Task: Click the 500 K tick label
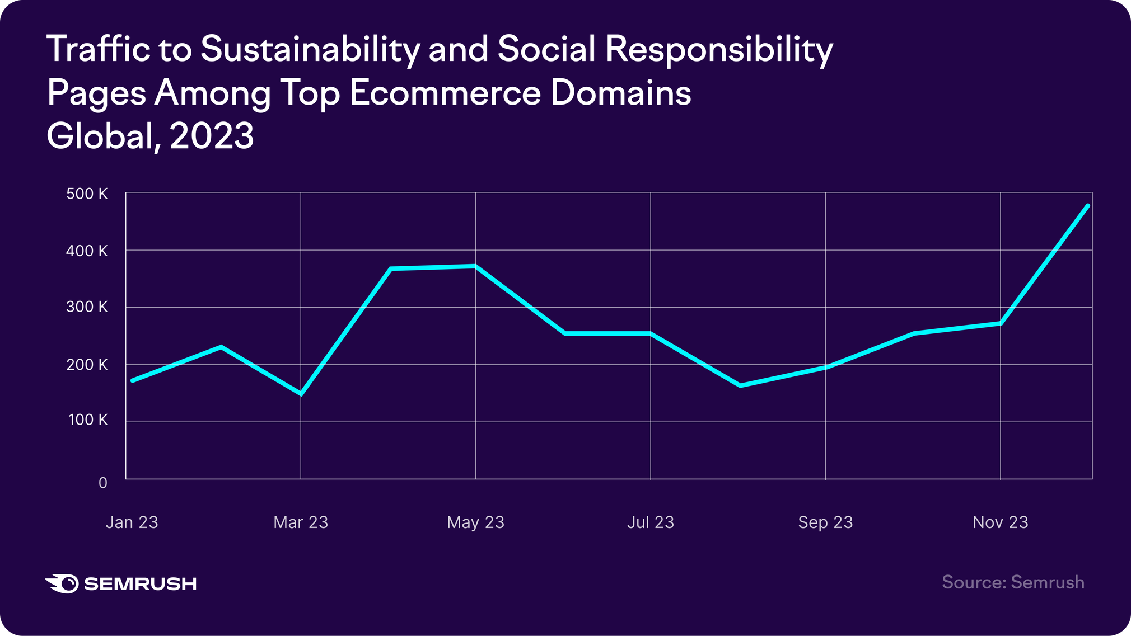[x=87, y=194]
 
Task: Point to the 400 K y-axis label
[x=87, y=251]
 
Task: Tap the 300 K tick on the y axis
[x=87, y=307]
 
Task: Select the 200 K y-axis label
[x=87, y=365]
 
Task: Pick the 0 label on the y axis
[x=103, y=483]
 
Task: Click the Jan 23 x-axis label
[x=132, y=522]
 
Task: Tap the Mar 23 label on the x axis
[x=301, y=522]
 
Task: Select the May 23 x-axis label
[x=475, y=522]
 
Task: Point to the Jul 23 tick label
[x=651, y=522]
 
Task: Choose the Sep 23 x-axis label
[x=825, y=522]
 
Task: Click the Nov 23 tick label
[x=1001, y=522]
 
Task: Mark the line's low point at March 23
[x=301, y=394]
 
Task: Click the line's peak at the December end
[x=1088, y=206]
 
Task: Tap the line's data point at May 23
[x=475, y=266]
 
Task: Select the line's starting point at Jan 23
[x=132, y=380]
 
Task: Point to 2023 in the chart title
[x=212, y=136]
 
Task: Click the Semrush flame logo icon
[x=62, y=583]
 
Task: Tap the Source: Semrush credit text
[x=1013, y=582]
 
